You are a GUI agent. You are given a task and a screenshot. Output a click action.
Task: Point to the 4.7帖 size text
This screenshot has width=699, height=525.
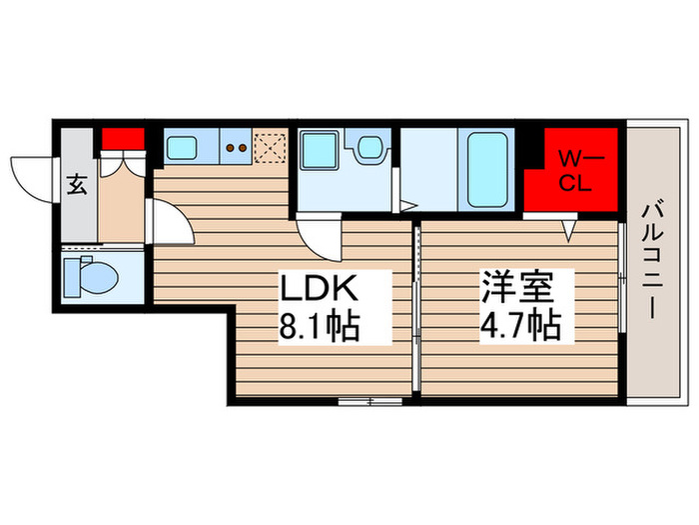coord(517,326)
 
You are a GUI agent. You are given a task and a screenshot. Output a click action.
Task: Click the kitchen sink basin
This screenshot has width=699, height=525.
coord(182,148)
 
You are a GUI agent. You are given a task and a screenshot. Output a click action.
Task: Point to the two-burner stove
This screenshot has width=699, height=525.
coord(238,148)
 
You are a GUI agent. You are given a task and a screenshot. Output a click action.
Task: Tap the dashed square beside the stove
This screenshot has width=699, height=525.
coord(270,148)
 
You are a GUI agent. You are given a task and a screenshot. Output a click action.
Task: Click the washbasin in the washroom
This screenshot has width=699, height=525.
coord(370,149)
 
